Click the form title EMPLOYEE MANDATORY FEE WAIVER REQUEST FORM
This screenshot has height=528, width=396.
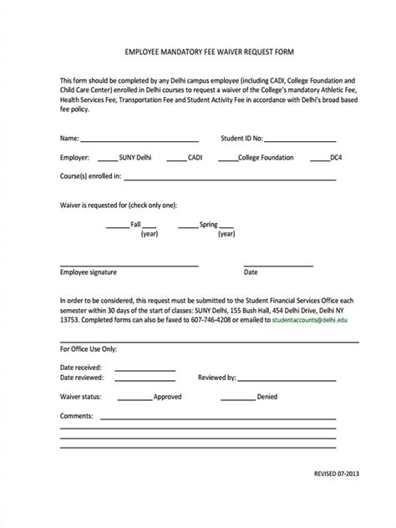[197, 51]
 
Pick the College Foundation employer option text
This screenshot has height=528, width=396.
[265, 157]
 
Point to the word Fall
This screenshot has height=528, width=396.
[135, 225]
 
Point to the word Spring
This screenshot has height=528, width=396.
[209, 225]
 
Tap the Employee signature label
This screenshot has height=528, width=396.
[89, 272]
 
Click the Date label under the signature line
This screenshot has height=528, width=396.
[251, 272]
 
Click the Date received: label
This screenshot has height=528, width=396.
[81, 367]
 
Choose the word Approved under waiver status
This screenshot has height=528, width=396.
[168, 397]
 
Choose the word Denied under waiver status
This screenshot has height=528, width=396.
[267, 397]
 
